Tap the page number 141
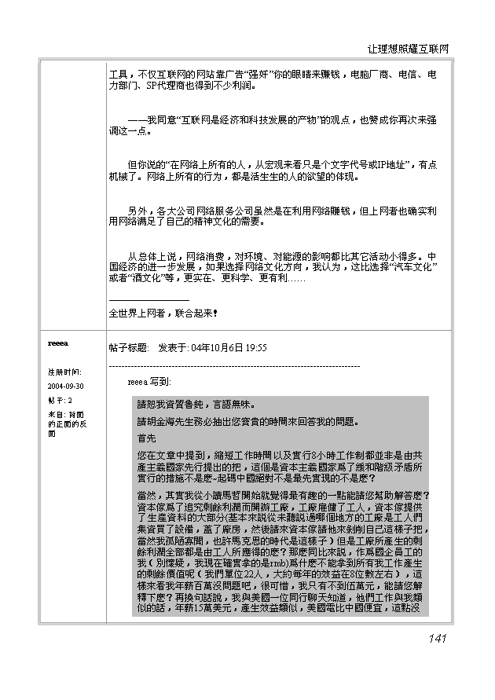click(438, 638)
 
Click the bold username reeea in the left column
click(58, 344)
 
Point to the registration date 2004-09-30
click(66, 386)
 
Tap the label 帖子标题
click(129, 347)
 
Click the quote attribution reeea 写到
click(148, 381)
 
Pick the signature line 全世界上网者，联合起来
click(163, 313)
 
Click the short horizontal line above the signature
click(148, 300)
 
